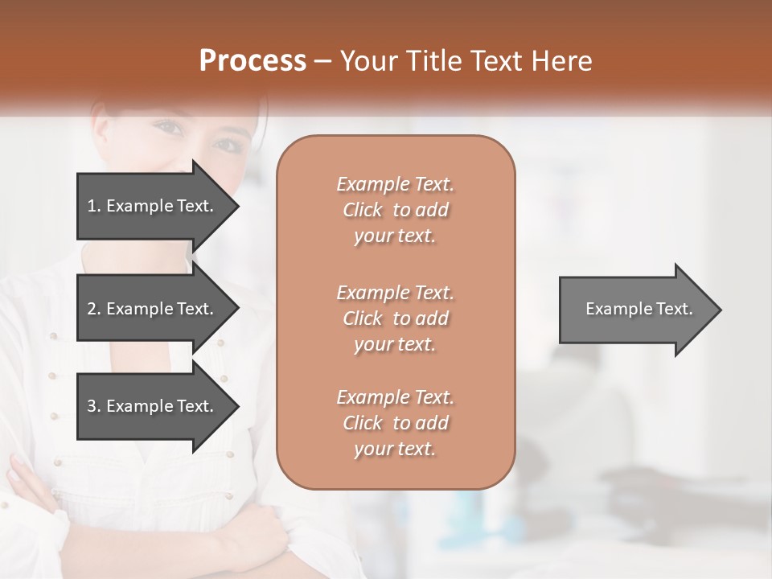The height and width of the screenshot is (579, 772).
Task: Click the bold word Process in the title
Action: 253,61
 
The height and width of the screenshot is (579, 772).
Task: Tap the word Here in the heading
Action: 563,61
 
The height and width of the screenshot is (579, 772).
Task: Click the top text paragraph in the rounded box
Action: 395,210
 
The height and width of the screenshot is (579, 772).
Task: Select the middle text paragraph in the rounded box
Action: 395,318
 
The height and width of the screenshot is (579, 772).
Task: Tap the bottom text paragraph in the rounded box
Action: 395,423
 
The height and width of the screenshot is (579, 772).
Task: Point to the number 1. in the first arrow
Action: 94,206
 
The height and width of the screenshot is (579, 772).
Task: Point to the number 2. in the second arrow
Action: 94,309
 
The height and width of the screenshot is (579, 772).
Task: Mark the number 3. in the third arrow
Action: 94,406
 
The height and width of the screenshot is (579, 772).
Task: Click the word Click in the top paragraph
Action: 363,210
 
